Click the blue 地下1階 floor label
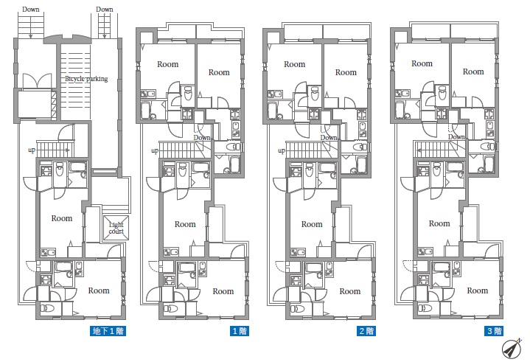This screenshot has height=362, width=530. click(108, 331)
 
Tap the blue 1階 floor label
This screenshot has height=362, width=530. click(240, 331)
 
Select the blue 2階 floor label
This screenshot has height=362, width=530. click(366, 331)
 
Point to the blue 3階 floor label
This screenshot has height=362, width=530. click(494, 331)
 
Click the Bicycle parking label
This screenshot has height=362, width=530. click(86, 79)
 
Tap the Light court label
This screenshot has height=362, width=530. click(116, 228)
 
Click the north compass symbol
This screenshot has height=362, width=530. click(511, 349)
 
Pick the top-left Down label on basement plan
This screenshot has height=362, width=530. click(31, 9)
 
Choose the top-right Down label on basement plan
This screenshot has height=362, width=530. click(105, 9)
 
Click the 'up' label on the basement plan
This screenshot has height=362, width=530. click(32, 150)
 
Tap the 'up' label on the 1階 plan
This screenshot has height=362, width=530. click(155, 150)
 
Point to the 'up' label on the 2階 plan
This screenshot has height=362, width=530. click(282, 150)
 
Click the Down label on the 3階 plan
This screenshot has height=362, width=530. click(456, 137)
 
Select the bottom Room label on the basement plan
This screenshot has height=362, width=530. click(99, 290)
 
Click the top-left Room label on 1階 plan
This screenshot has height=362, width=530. click(167, 64)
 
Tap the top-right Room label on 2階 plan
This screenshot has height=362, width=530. click(346, 72)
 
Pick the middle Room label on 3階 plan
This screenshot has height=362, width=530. click(439, 223)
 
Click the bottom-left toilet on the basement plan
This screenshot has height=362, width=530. click(46, 308)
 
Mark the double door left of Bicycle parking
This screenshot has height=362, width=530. click(37, 81)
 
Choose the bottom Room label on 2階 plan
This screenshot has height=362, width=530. click(350, 291)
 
